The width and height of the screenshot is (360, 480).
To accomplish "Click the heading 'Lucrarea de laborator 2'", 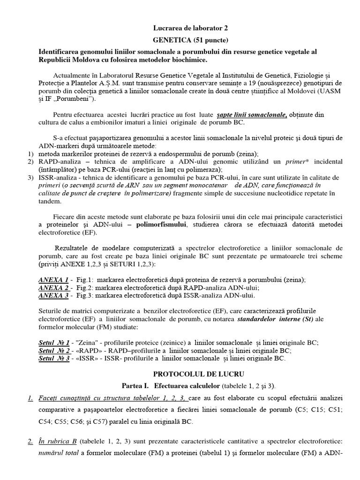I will tap(180, 28).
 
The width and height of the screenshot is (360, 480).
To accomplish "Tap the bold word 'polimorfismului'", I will tap(161, 225).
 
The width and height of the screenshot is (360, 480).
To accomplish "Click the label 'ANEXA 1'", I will tap(53, 280).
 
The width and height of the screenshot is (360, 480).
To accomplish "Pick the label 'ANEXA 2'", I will tap(53, 288).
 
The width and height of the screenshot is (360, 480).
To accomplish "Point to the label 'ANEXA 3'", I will tap(53, 296).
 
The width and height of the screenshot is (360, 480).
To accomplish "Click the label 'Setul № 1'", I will tap(54, 343).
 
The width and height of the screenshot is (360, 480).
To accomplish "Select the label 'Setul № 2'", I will tap(54, 351).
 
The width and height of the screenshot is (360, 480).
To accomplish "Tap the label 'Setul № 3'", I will tap(54, 359).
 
